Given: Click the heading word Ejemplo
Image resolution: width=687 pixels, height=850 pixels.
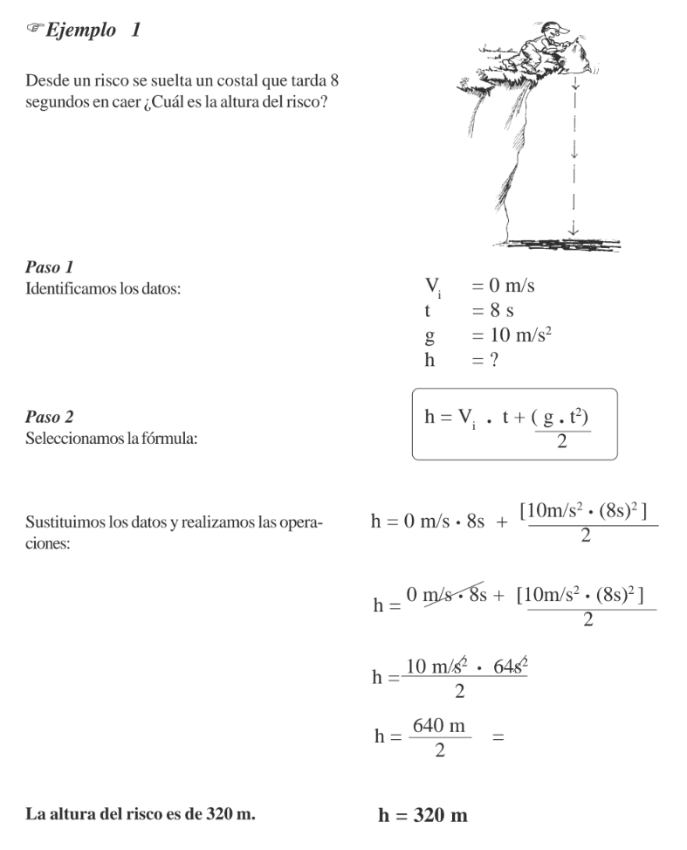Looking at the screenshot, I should click(74, 33).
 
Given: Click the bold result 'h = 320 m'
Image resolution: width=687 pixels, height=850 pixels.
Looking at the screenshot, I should click(423, 816).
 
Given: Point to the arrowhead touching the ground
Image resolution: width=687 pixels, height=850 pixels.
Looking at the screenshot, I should click(573, 231).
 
